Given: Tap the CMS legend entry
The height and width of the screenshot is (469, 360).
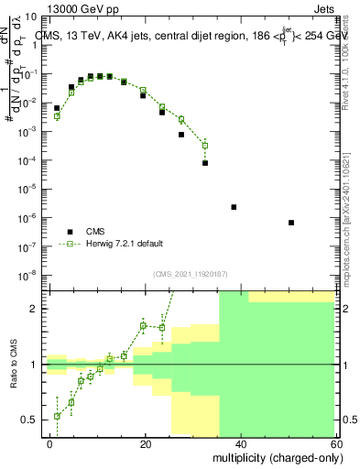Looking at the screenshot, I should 96,231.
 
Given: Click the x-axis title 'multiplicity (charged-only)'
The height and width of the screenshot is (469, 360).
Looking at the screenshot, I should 273,457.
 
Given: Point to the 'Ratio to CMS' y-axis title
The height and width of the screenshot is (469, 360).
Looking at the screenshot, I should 13,365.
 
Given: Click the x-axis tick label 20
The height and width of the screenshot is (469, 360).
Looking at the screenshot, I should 146,443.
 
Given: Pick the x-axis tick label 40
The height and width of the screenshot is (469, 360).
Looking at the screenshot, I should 242,443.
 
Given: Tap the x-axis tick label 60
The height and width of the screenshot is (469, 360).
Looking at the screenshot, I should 337,443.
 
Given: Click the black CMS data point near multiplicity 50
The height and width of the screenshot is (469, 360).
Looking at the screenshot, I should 290,223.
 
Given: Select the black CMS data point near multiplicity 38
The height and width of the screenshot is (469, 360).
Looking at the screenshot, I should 234,207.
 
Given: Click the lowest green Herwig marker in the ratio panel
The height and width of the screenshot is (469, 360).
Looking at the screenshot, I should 57,416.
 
